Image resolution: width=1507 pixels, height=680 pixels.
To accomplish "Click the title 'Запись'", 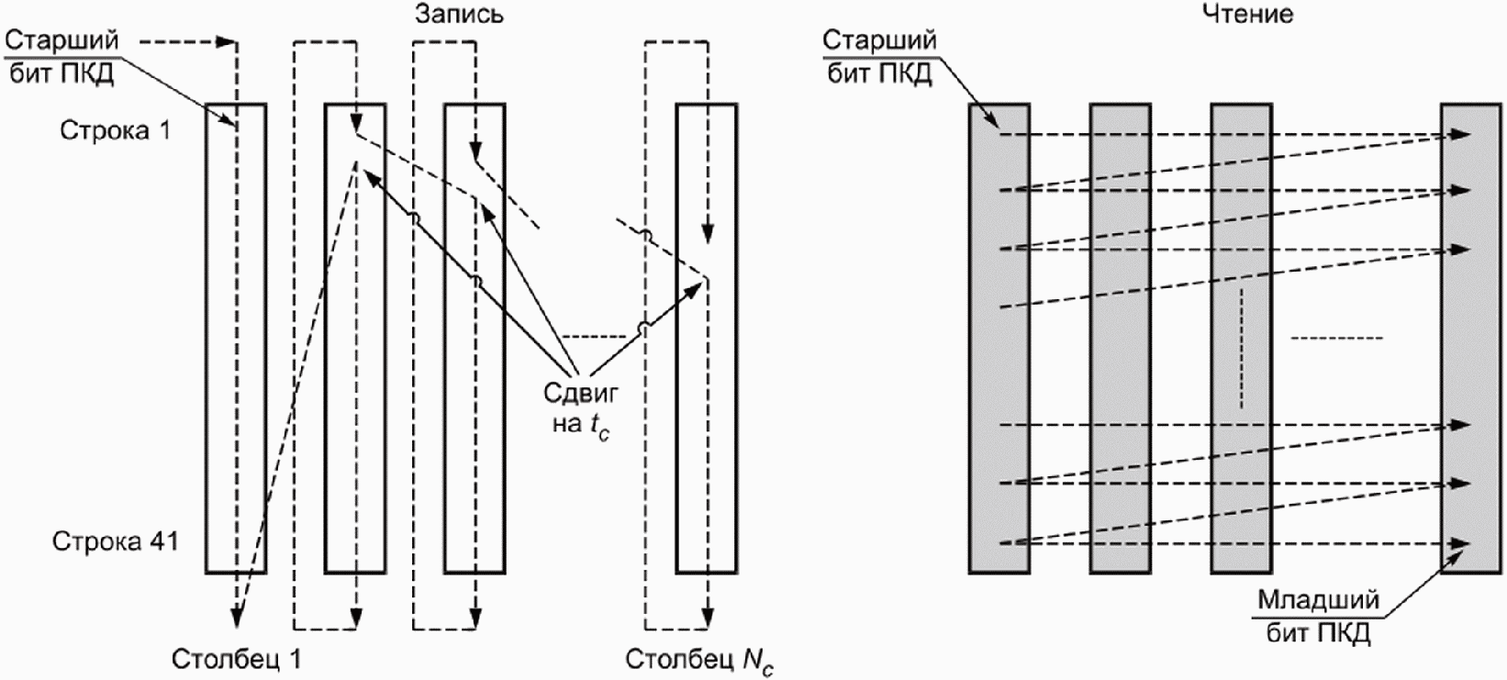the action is pyautogui.click(x=459, y=14).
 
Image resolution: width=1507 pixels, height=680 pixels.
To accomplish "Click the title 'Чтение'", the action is pyautogui.click(x=1247, y=14).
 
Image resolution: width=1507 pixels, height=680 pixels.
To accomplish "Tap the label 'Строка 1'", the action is pyautogui.click(x=116, y=129).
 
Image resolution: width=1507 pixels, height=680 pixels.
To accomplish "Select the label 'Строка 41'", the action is pyautogui.click(x=116, y=541).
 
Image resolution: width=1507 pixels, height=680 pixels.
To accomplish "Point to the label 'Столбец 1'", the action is pyautogui.click(x=236, y=659).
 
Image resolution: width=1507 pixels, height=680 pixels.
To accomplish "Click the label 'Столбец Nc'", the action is pyautogui.click(x=699, y=661).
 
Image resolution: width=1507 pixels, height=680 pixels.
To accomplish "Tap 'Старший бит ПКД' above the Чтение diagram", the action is pyautogui.click(x=879, y=57).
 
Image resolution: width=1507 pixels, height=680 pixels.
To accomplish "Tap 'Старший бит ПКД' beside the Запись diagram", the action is pyautogui.click(x=61, y=57).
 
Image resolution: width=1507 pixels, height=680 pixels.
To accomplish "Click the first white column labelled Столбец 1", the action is pyautogui.click(x=236, y=339).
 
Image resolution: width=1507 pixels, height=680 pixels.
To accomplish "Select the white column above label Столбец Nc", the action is pyautogui.click(x=707, y=339).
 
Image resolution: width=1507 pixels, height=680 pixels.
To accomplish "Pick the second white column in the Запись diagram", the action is pyautogui.click(x=355, y=339).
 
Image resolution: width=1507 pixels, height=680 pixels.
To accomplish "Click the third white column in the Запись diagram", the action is pyautogui.click(x=474, y=339).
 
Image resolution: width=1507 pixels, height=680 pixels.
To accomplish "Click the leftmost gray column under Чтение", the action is pyautogui.click(x=999, y=339).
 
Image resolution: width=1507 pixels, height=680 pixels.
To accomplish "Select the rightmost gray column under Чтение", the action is pyautogui.click(x=1471, y=339).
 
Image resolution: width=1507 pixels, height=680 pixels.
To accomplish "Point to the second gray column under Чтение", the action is pyautogui.click(x=1121, y=339).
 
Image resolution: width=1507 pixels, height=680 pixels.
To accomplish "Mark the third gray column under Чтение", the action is pyautogui.click(x=1241, y=339).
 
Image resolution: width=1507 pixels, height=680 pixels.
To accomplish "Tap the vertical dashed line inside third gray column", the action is pyautogui.click(x=1241, y=349).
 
